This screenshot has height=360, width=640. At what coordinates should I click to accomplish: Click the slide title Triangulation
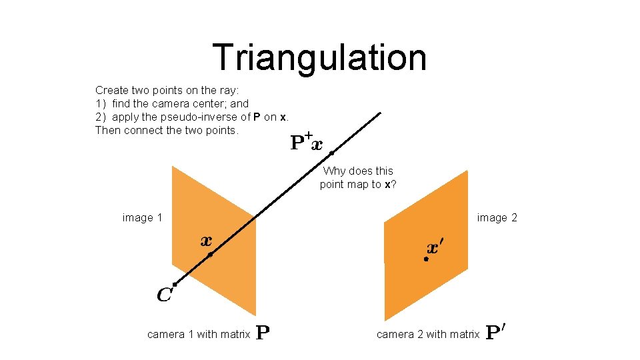pos(319,57)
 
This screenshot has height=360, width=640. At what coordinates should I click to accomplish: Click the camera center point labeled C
pos(174,285)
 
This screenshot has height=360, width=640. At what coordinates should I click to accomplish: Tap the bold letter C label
pos(164,294)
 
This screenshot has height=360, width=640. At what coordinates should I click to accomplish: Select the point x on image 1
pos(210,255)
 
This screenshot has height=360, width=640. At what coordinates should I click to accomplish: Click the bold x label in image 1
pos(207,241)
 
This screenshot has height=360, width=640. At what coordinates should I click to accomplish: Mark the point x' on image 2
pos(426,259)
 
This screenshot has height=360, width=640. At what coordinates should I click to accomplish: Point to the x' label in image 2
pos(434,248)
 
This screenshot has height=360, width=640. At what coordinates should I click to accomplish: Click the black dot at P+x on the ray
pos(331,153)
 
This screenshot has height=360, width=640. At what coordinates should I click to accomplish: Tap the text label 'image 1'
pos(142,217)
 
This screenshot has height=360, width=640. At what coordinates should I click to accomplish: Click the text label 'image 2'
pos(497,217)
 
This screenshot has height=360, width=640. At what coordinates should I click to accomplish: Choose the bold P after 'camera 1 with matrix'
pos(263,333)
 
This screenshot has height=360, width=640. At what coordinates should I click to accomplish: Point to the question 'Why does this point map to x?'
pos(358,177)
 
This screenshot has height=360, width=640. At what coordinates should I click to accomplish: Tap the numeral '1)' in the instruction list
pos(101,104)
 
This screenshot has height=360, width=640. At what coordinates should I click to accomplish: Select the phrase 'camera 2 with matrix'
pos(427,334)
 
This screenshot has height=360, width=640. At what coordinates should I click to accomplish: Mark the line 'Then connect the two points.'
pos(167,131)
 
